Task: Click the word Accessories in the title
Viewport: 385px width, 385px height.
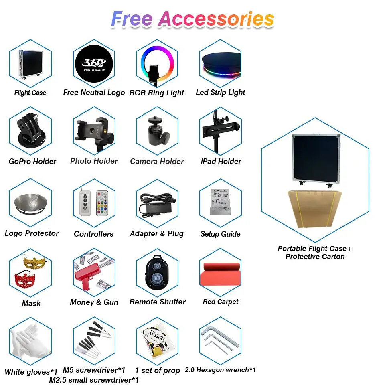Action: pos(216,19)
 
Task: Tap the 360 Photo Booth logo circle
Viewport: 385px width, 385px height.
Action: pos(94,64)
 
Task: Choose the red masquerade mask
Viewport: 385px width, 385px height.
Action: pos(25,279)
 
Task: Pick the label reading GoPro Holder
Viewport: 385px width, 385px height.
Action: pos(32,161)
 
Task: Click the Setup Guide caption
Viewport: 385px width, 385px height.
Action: pos(220,234)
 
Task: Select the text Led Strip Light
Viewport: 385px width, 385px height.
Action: pos(220,92)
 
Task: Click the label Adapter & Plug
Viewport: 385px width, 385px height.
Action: pos(157,233)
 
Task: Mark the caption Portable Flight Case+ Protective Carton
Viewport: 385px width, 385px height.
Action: pos(315,253)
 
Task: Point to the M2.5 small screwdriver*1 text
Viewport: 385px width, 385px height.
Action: pos(94,379)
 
